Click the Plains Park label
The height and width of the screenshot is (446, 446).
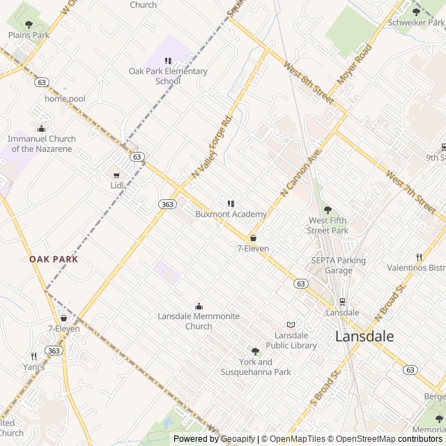click(x=29, y=35)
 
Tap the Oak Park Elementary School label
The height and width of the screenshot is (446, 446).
click(x=168, y=76)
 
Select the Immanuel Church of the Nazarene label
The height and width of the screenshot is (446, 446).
click(x=42, y=144)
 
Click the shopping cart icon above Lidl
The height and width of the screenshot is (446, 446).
click(x=116, y=175)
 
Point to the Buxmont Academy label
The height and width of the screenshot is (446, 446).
click(x=231, y=214)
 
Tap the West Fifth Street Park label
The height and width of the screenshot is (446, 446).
click(x=328, y=225)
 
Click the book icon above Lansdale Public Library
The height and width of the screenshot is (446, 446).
click(x=291, y=325)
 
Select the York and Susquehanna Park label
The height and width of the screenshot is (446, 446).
click(x=256, y=367)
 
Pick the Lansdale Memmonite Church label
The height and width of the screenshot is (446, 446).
click(x=199, y=321)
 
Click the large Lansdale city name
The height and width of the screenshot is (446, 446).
click(x=364, y=337)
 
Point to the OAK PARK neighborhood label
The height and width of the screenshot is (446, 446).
click(x=54, y=259)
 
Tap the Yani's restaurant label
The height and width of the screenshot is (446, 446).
click(x=33, y=367)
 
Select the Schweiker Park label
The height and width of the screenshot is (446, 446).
click(x=416, y=22)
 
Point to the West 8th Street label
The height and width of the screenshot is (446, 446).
click(x=309, y=79)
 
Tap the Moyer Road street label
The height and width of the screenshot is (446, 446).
click(x=355, y=65)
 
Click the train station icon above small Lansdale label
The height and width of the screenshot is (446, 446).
click(x=342, y=302)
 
